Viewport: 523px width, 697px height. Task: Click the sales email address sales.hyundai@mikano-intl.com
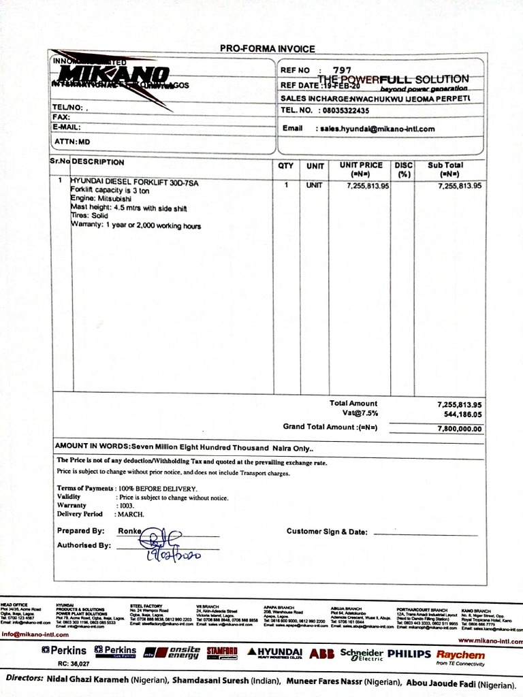click(376, 128)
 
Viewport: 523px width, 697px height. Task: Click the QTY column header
click(285, 165)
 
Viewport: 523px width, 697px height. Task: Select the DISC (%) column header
click(405, 169)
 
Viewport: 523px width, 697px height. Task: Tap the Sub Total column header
click(445, 169)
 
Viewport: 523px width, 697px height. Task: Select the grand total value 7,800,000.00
click(459, 429)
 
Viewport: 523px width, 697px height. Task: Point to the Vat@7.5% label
click(360, 413)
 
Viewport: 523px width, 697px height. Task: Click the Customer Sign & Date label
click(327, 531)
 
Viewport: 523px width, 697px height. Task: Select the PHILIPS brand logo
click(409, 653)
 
